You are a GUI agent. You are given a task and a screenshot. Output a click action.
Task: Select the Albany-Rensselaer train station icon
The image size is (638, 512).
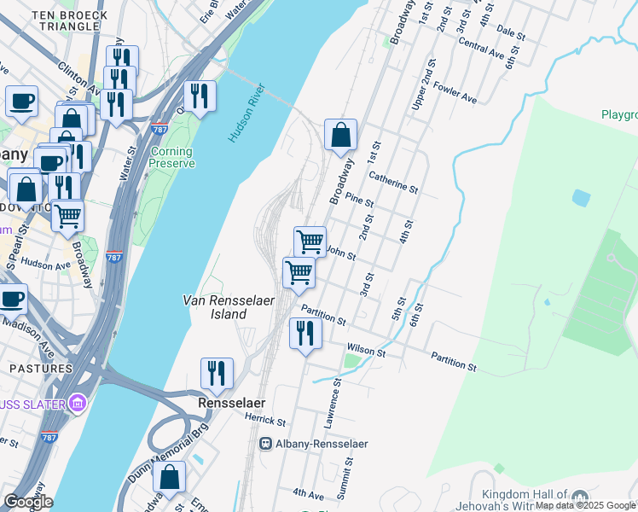click(x=265, y=444)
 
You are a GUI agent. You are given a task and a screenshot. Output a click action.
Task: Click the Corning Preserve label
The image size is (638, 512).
click(x=171, y=158)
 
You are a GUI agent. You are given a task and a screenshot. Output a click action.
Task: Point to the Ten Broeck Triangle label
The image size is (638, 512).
click(x=69, y=20)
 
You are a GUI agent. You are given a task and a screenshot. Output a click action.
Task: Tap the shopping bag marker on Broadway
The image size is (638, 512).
click(x=340, y=136)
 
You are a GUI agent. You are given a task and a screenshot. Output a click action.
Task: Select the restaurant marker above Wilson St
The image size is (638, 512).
click(x=305, y=332)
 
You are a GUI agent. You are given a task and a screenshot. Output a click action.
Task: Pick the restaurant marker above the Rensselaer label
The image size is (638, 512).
click(x=217, y=373)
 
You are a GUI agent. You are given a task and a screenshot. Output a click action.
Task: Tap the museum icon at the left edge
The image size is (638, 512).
click(x=78, y=402)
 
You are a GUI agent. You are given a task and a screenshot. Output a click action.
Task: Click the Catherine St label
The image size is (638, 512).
click(x=393, y=182)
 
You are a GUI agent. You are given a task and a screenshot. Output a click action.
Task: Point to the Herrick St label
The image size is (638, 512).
click(x=264, y=422)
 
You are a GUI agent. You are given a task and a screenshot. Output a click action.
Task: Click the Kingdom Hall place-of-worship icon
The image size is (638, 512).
click(x=580, y=497)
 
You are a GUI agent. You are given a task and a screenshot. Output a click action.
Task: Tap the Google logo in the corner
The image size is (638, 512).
click(x=28, y=502)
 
